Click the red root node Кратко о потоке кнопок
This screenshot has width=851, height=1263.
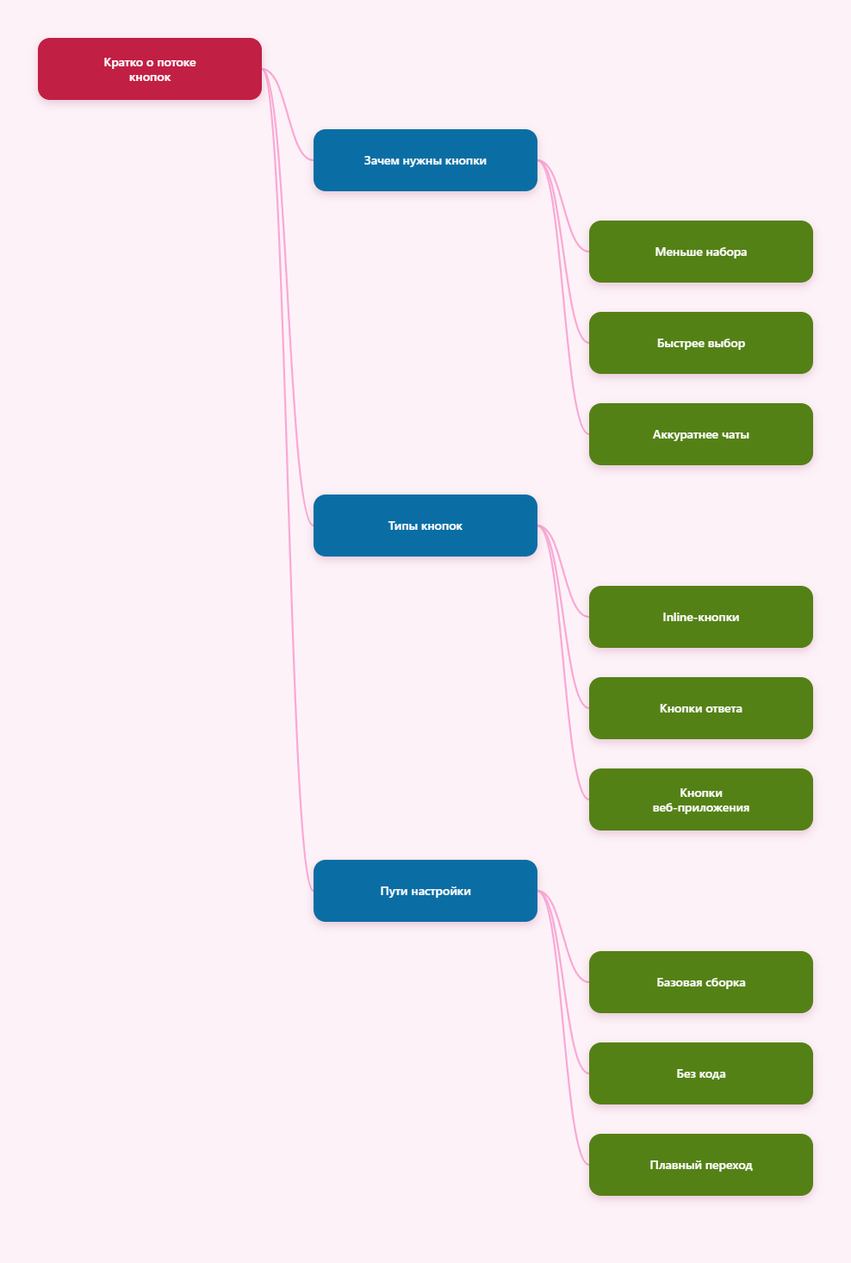(x=149, y=69)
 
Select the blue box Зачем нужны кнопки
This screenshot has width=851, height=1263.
(x=425, y=160)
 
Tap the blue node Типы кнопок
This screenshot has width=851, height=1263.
(x=425, y=526)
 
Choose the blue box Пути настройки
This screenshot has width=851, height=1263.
(x=425, y=891)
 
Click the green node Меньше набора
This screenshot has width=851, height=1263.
(x=700, y=252)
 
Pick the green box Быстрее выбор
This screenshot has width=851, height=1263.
(x=700, y=343)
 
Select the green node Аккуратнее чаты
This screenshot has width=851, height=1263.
(x=700, y=434)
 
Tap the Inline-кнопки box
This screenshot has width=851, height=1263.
(x=700, y=617)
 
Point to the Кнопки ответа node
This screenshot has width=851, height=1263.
(x=700, y=708)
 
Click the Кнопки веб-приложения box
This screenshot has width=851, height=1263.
(x=700, y=799)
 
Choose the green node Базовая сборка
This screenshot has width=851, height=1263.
(x=700, y=982)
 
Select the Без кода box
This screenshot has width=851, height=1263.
(x=700, y=1073)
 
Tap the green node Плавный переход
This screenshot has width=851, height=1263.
(x=700, y=1165)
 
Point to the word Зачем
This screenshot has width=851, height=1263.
(x=381, y=161)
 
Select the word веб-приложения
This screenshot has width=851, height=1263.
(x=700, y=808)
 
